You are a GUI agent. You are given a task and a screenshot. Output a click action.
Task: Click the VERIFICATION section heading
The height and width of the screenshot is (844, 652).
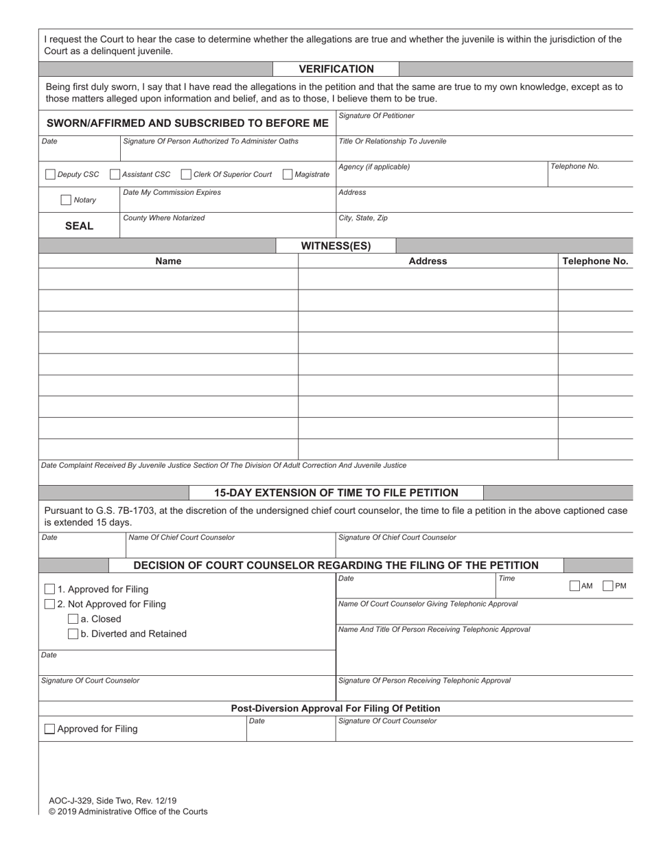tap(336, 69)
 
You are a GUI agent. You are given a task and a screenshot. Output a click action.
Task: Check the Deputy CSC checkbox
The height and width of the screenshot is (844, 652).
tap(50, 174)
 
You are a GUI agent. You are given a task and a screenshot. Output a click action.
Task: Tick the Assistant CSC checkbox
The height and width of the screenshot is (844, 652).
tap(115, 174)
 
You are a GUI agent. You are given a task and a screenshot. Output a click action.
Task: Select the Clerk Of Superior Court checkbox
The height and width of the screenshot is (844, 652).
tap(186, 174)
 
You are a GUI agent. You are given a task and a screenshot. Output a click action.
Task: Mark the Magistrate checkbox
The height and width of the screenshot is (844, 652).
tap(288, 174)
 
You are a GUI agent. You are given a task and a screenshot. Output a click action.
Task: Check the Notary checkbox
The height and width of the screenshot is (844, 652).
tap(66, 200)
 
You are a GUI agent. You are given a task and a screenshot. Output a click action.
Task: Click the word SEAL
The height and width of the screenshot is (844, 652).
tap(79, 226)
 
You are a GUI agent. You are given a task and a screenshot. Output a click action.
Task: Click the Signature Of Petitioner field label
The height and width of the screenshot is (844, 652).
tap(376, 116)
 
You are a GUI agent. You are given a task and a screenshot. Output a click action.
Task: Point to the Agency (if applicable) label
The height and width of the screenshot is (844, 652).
tap(374, 167)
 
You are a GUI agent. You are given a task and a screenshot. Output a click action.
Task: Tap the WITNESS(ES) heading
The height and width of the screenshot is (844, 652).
tap(336, 246)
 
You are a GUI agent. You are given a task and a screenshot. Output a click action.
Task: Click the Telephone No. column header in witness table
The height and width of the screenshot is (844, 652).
tap(595, 261)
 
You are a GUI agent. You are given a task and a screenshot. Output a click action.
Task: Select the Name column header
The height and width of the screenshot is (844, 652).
tap(168, 261)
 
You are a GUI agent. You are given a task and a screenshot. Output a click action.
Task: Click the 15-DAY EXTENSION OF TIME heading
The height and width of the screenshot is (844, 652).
tap(336, 493)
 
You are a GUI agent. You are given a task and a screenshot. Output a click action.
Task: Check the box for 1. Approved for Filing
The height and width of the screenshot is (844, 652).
tap(49, 589)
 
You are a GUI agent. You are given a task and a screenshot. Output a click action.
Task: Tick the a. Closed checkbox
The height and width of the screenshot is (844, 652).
tap(73, 619)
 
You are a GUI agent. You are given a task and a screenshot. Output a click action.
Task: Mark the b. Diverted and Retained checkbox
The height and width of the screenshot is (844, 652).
tap(73, 634)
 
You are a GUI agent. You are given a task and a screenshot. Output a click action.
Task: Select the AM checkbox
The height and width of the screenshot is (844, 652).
tap(574, 586)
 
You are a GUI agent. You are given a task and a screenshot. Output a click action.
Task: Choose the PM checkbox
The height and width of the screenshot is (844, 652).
tap(607, 586)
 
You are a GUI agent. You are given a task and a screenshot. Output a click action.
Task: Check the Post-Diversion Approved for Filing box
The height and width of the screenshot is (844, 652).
tap(49, 729)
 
